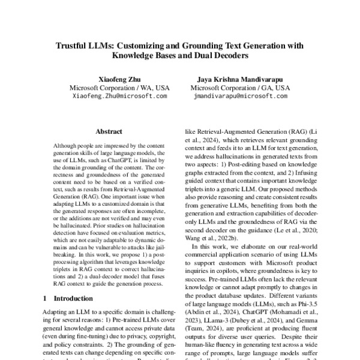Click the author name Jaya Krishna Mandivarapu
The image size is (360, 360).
point(240,79)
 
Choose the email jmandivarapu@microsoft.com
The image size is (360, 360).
point(240,95)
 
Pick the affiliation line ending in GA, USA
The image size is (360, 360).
point(240,87)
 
